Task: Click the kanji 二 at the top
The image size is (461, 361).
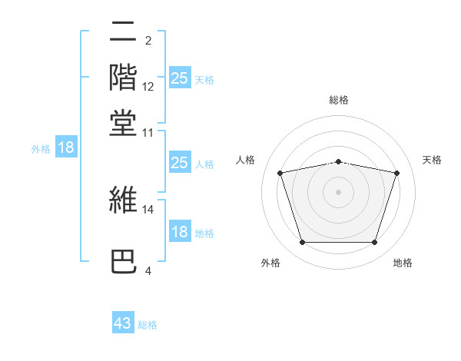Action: (x=123, y=34)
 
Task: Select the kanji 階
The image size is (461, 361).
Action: (x=123, y=78)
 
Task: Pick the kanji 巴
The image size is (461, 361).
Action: (x=123, y=262)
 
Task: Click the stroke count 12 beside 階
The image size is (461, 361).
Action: (x=148, y=87)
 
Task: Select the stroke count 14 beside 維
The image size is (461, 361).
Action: (x=148, y=209)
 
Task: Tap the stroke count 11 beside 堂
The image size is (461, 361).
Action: (x=148, y=132)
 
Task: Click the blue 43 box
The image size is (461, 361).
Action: (x=123, y=323)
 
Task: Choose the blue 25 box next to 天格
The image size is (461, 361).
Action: (x=179, y=78)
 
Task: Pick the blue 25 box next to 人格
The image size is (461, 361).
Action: (x=179, y=163)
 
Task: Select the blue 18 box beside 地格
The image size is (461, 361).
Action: (x=179, y=232)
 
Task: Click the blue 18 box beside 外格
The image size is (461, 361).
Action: (x=66, y=147)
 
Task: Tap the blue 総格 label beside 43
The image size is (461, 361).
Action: (x=148, y=325)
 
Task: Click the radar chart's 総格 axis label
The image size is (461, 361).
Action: (x=339, y=100)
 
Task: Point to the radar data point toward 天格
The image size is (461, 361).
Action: (x=396, y=173)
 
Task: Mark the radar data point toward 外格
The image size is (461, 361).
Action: (x=302, y=243)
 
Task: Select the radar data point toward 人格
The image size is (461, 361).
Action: (x=280, y=173)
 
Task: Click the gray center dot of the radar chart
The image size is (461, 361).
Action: (x=339, y=191)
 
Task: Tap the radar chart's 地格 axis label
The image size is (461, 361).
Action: (x=403, y=263)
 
